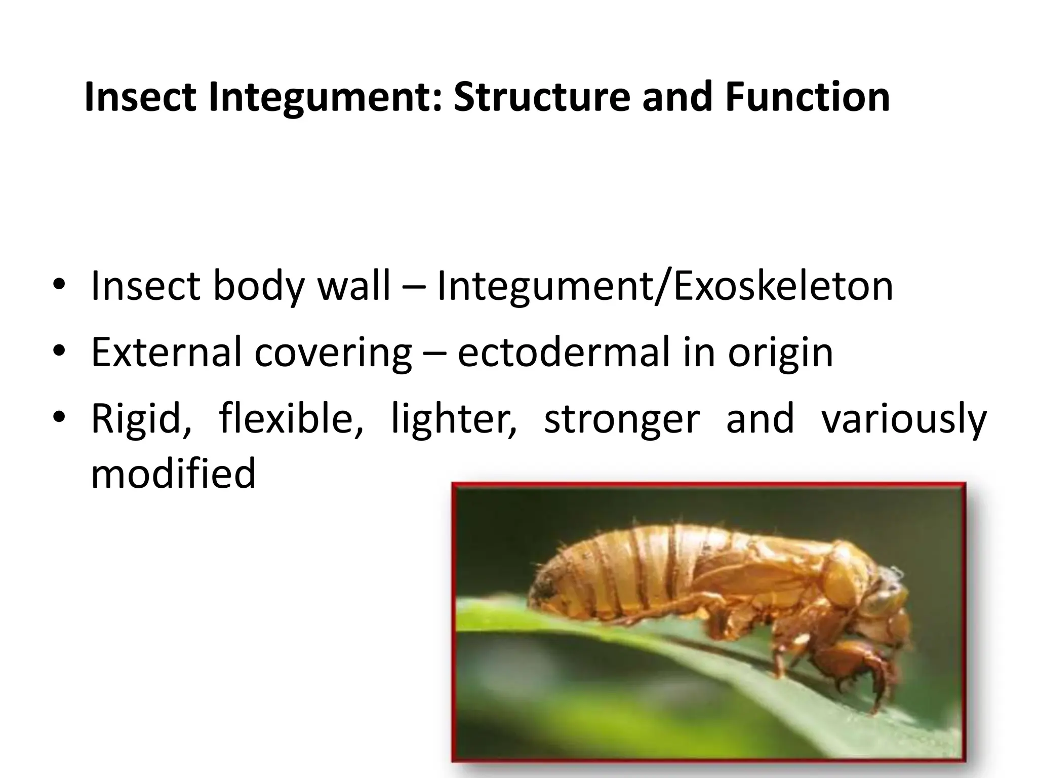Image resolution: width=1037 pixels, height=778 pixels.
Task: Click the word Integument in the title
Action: pos(324,98)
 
